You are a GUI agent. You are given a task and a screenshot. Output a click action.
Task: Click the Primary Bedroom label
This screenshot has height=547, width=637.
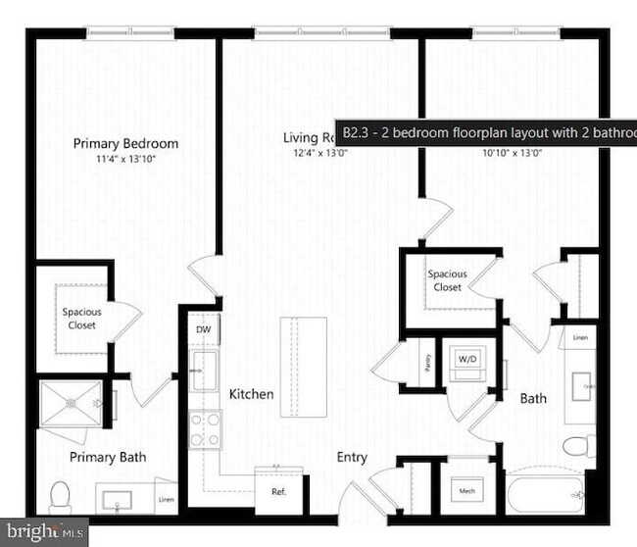pos(125,143)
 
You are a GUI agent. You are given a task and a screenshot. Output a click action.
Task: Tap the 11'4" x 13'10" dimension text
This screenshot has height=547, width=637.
pos(125,158)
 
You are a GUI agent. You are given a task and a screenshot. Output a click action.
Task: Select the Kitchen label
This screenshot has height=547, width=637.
pos(252,394)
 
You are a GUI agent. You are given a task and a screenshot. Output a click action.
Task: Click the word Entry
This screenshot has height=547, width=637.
pos(352,457)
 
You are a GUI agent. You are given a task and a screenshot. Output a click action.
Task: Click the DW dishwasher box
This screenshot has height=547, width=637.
pos(204,329)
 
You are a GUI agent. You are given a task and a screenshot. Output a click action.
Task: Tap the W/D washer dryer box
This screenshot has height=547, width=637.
pos(467,361)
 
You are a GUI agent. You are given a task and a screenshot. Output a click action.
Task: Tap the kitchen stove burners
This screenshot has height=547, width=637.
pos(205,428)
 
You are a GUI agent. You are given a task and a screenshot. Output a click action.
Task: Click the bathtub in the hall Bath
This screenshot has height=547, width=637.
pos(545,494)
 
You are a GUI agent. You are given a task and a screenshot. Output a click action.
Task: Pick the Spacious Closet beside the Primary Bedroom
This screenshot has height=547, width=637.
pos(82,318)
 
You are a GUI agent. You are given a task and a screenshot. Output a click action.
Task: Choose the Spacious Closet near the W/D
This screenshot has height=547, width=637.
pos(448,280)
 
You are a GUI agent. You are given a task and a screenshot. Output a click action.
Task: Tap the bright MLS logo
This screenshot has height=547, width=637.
pos(44,532)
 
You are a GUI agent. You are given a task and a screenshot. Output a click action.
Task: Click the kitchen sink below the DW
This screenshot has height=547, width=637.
pos(204,371)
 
